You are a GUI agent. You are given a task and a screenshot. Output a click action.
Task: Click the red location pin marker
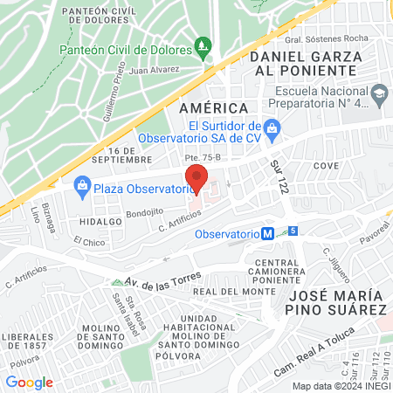pyautogui.click(x=197, y=177)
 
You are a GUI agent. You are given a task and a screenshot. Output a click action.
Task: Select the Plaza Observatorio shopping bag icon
pyautogui.click(x=82, y=184)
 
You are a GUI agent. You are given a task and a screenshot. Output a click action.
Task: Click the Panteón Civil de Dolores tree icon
pyautogui.click(x=203, y=45)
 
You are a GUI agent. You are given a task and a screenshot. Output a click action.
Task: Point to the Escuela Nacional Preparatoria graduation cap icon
pyautogui.click(x=380, y=93)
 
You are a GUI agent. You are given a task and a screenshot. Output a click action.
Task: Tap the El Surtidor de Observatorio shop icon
pyautogui.click(x=272, y=128)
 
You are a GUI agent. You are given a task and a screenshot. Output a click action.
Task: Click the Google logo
pyautogui.click(x=29, y=382)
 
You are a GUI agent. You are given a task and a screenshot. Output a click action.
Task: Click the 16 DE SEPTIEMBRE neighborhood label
pyautogui.click(x=125, y=155)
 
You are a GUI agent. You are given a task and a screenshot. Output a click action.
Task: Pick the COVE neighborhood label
pyautogui.click(x=326, y=166)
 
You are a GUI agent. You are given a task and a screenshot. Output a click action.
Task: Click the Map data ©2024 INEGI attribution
pyautogui.click(x=341, y=386)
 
